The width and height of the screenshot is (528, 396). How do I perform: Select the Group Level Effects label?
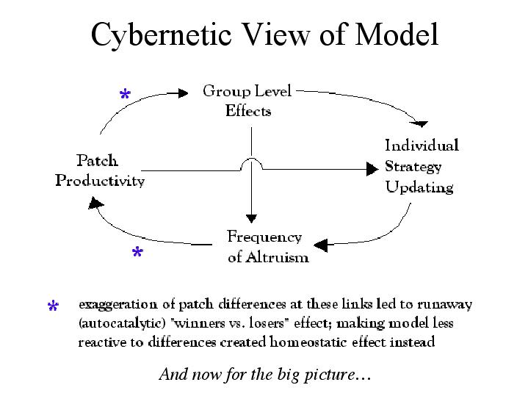(247, 101)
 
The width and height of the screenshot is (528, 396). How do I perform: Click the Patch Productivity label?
(100, 170)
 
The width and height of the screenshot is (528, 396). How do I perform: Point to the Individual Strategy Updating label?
(421, 166)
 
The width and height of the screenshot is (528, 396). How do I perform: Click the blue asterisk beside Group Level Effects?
(125, 96)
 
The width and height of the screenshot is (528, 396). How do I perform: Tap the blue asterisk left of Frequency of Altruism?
(137, 254)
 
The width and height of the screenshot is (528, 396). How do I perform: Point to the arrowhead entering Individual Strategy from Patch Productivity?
(372, 169)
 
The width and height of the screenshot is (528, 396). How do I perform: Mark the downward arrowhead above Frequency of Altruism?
(252, 217)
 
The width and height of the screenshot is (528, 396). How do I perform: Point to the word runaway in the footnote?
(447, 303)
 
